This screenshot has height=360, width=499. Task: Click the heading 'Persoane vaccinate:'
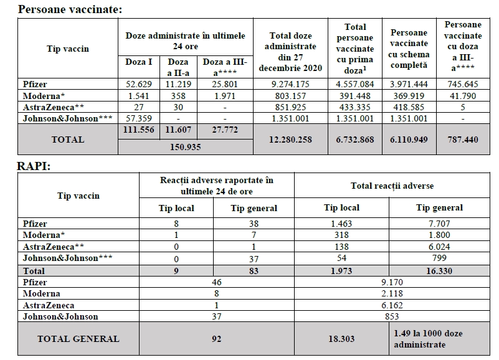(x=70, y=9)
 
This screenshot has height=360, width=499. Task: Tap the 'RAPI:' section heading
(x=34, y=166)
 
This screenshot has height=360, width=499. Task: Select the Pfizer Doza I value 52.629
(x=139, y=84)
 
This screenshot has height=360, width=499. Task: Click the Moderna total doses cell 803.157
(x=290, y=96)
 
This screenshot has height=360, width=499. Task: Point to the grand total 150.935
(x=185, y=147)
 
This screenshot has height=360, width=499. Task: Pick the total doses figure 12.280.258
(x=290, y=140)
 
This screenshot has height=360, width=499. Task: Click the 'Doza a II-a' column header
(x=178, y=67)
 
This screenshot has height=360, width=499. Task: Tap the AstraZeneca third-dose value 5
(x=463, y=107)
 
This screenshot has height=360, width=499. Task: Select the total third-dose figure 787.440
(x=463, y=140)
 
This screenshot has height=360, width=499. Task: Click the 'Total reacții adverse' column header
(x=392, y=186)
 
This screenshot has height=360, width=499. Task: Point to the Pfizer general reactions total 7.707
(x=439, y=224)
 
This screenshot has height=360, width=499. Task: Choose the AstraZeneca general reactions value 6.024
(x=439, y=247)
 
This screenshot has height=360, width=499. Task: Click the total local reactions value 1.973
(x=341, y=271)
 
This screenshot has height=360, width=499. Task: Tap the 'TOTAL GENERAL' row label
(x=78, y=339)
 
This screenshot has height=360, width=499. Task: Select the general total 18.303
(x=341, y=339)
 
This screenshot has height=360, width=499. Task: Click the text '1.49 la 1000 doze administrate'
(x=429, y=339)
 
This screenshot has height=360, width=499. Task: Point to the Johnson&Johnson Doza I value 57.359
(x=139, y=119)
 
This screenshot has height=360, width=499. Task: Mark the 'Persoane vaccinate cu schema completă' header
(x=409, y=49)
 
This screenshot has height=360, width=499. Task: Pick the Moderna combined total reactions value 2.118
(x=392, y=293)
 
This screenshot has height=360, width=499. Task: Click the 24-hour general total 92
(x=216, y=339)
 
